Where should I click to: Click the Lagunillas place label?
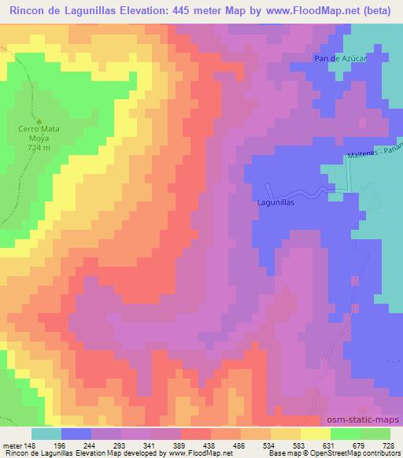[275, 202]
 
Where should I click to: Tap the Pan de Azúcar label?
[337, 60]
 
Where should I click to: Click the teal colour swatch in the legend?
[46, 434]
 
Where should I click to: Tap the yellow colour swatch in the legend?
[315, 434]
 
